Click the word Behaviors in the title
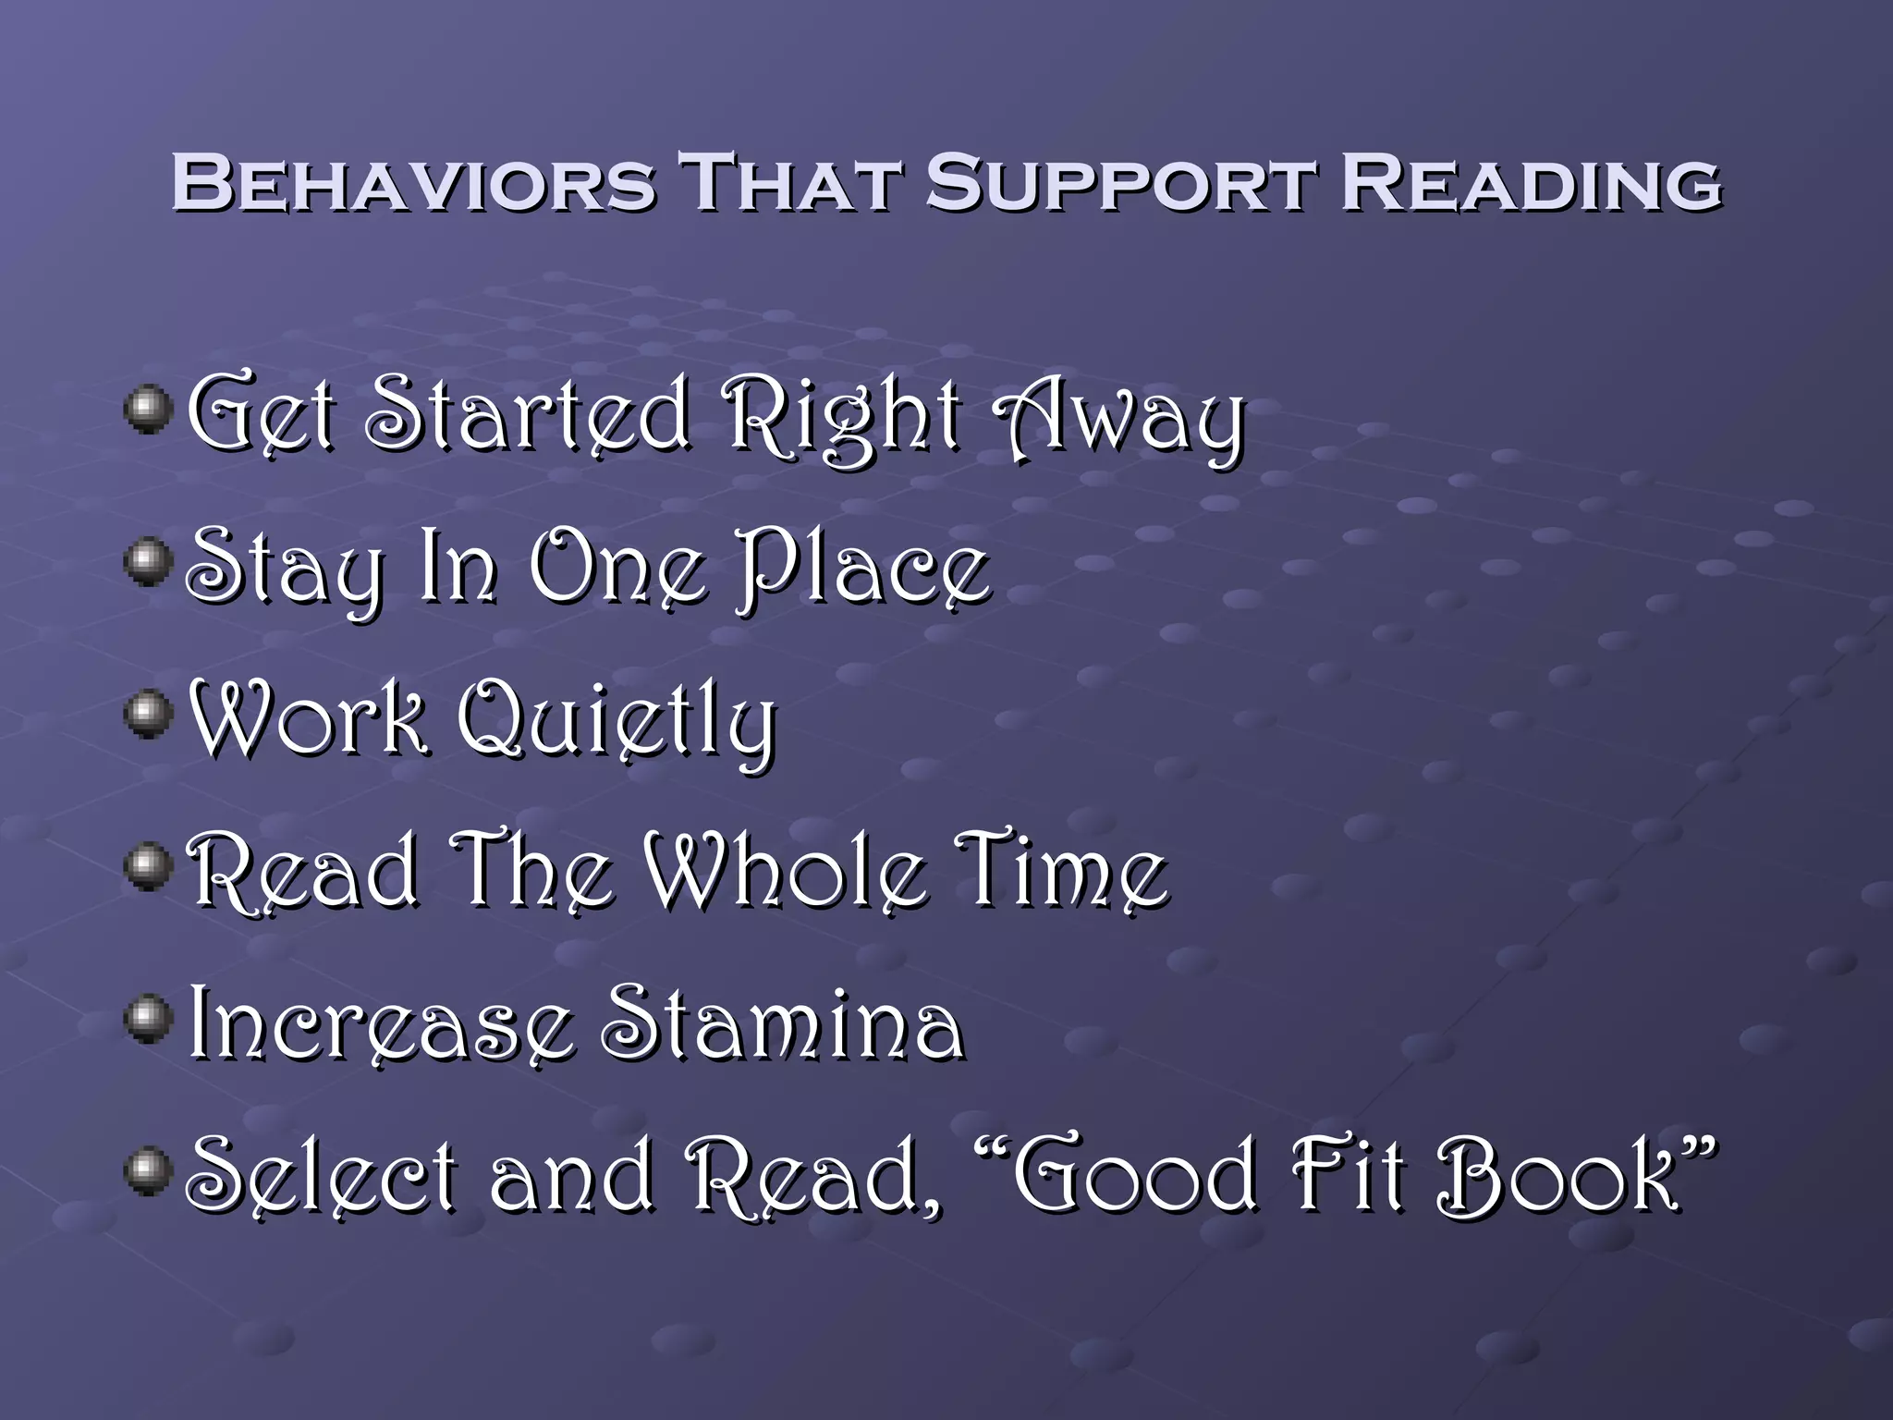tap(413, 183)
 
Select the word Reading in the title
tap(1531, 183)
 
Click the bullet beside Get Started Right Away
tap(149, 410)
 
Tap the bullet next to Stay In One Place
tap(149, 562)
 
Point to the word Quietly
tap(617, 723)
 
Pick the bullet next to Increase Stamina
tap(149, 1020)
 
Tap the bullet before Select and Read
tap(149, 1171)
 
